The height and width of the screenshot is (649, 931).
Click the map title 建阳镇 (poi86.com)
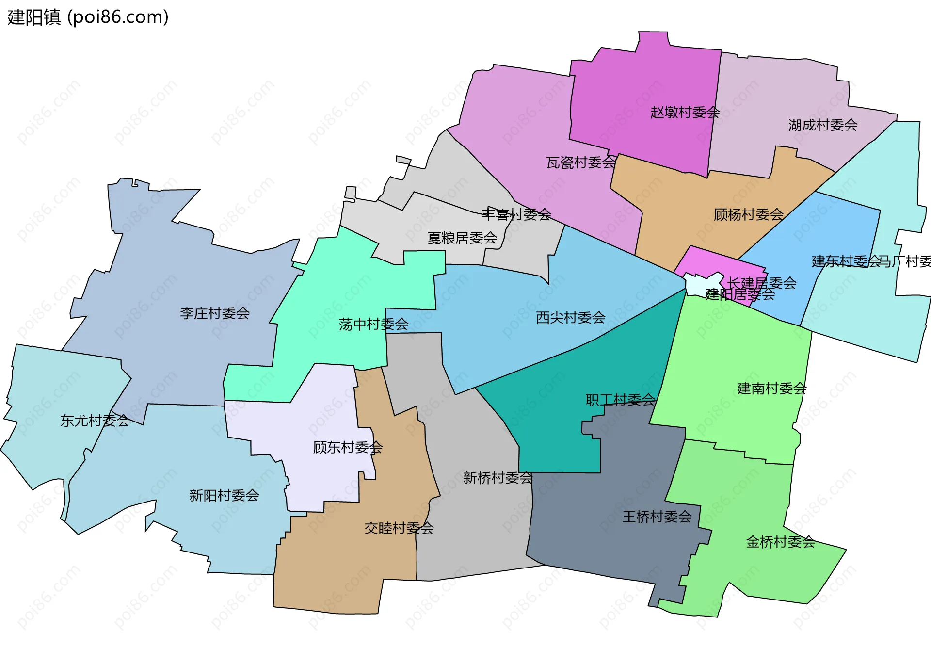tap(88, 17)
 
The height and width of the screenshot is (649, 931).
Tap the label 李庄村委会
tap(215, 313)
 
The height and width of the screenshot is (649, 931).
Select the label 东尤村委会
tap(95, 421)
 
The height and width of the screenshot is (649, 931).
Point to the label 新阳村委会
tap(224, 495)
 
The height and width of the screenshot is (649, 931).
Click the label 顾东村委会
tap(348, 447)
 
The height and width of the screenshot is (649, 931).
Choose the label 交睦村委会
tap(399, 528)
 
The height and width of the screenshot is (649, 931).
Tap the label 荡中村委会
tap(373, 324)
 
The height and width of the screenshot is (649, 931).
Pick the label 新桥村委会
tap(498, 478)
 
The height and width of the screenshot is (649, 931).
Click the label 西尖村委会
tap(571, 318)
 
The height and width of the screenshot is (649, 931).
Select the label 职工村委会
tap(620, 400)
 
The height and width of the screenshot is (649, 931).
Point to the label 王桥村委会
tap(657, 517)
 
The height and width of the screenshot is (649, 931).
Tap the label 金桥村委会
tap(780, 542)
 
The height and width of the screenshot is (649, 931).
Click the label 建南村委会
tap(771, 388)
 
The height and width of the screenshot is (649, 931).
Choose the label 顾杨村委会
tap(748, 214)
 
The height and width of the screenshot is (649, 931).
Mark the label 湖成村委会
tap(823, 125)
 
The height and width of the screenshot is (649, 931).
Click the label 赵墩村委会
tap(685, 113)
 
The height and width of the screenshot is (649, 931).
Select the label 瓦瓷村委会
tap(581, 162)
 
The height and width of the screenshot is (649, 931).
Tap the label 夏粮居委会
tap(462, 238)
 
